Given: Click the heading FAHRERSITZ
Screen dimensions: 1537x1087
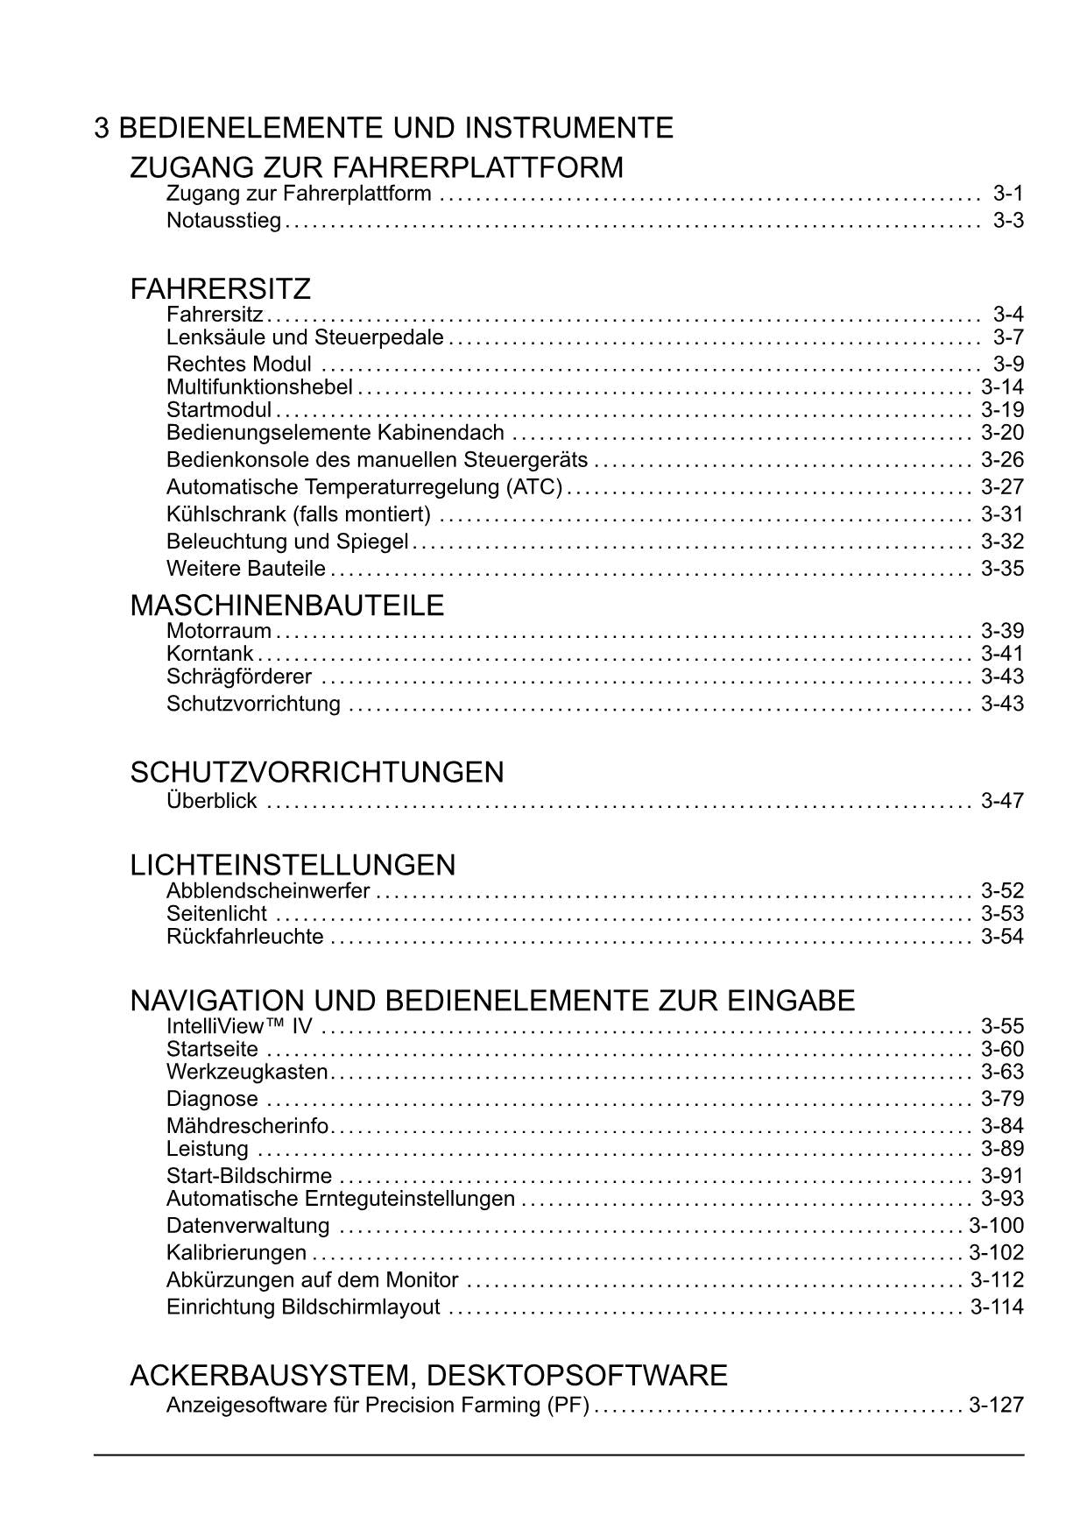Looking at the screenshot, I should pos(220,288).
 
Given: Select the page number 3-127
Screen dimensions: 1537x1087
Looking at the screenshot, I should pos(996,1405).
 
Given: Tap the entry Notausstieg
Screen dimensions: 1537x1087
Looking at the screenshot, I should pos(223,221).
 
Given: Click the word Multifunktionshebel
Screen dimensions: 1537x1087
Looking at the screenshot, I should pos(259,387).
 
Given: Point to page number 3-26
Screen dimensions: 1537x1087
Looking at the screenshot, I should pos(1002,460).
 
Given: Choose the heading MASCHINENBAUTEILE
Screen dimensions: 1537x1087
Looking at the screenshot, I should pos(286,605).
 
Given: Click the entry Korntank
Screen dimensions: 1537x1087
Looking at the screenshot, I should pos(209,654).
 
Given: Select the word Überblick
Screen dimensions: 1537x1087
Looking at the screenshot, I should pos(211,800).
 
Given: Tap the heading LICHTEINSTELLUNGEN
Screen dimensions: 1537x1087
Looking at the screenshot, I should pos(293,865).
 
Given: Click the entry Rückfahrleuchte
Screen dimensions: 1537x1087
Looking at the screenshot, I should pos(244,937).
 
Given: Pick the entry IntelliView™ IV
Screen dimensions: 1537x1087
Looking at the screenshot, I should pos(239,1026).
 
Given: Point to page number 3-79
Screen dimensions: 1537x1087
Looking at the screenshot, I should pos(1002,1099).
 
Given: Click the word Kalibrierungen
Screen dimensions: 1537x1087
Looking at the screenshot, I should pos(236,1252).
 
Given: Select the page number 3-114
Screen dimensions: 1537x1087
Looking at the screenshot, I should pos(997,1307).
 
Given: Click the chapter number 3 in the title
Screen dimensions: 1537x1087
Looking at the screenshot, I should pos(102,128).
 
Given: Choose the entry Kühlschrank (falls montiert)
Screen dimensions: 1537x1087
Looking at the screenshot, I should pos(298,514).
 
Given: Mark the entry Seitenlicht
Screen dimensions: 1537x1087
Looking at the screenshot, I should pos(216,914).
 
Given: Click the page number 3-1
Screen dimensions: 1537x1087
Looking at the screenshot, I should pos(1008,194).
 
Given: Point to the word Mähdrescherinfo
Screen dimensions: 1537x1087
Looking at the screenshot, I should pos(247,1126).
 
